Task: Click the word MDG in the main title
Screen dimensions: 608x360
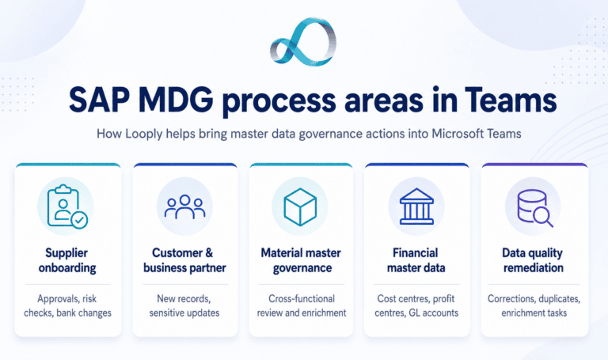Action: [x=176, y=100]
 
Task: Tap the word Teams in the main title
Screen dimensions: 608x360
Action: [x=511, y=100]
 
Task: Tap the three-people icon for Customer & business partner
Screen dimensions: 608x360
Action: [x=184, y=207]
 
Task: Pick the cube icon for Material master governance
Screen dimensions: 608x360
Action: [x=300, y=207]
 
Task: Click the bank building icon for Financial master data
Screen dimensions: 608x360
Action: [x=416, y=207]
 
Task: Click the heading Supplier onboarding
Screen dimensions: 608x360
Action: [x=67, y=260]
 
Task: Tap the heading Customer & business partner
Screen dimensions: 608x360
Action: [x=184, y=260]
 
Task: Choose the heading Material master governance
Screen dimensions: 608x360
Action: [x=302, y=260]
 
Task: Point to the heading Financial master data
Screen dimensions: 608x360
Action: [x=416, y=260]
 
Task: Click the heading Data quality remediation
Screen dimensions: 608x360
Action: [x=533, y=260]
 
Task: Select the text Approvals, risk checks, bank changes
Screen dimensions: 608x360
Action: [x=67, y=305]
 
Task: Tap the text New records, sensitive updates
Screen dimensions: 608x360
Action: [x=184, y=305]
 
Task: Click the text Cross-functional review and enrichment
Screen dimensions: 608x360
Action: [x=302, y=305]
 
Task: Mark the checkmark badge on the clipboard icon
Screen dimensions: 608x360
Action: [x=79, y=220]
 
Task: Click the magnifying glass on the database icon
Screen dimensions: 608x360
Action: [x=543, y=217]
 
